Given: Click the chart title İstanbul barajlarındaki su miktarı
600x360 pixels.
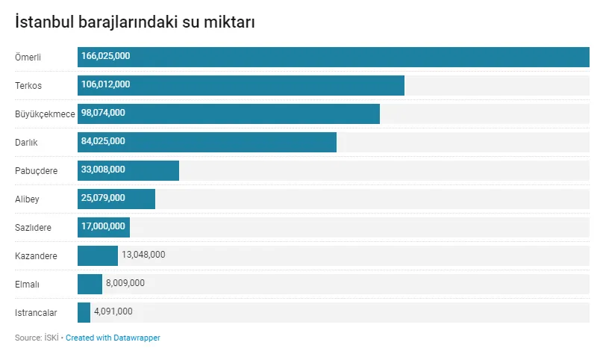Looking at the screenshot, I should pos(135,22).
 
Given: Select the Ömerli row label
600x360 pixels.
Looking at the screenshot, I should pos(28,58).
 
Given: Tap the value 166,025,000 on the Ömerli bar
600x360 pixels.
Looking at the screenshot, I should pos(105,56).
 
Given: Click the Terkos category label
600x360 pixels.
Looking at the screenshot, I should pos(28,86).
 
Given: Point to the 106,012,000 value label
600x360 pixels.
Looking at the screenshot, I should pos(105,84).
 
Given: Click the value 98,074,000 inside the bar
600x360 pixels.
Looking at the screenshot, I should pos(103,113).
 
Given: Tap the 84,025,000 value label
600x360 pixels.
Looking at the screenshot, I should pos(103,141).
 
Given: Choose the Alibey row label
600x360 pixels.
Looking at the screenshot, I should pos(27,199).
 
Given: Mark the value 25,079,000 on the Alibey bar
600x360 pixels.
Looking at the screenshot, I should pos(103,198).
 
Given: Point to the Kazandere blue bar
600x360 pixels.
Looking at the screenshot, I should pos(98,255).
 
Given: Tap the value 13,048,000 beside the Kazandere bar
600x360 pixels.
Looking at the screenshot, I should pos(143,255).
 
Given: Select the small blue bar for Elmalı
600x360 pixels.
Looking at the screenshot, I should pos(90,284).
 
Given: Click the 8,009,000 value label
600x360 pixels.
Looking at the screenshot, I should pos(125,283).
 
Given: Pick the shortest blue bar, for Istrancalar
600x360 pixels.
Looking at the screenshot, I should pos(84,312).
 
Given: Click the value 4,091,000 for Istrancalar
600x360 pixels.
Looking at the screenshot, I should pos(113,311).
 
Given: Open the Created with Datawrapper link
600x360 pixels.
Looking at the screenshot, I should pos(113,338).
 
